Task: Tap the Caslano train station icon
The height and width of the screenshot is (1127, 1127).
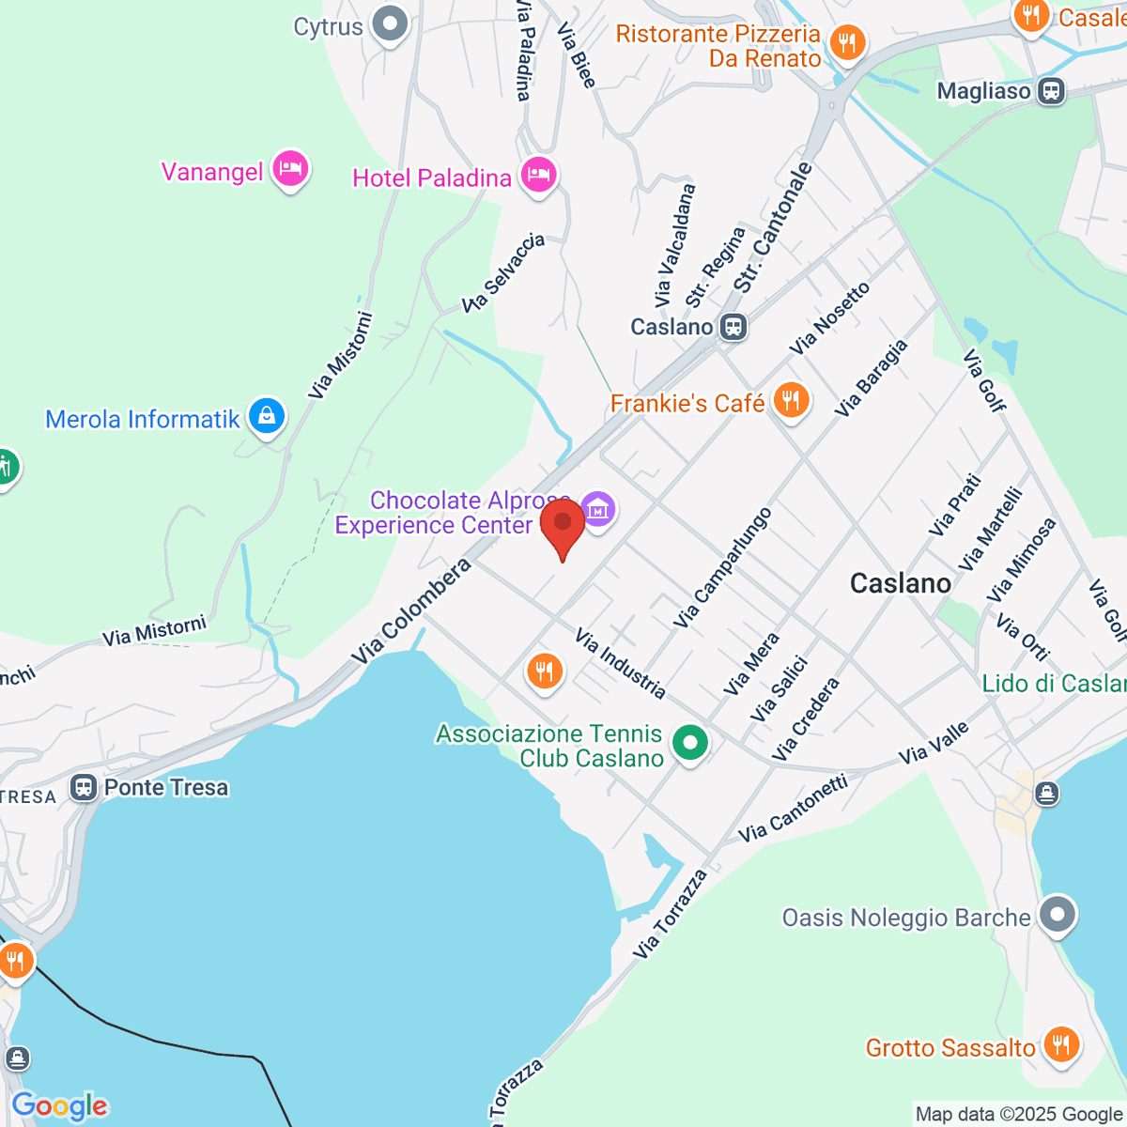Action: point(733,327)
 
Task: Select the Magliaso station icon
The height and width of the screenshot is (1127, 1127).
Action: point(1051,91)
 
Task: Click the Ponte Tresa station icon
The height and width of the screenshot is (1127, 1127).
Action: point(84,787)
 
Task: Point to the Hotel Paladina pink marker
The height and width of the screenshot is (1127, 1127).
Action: point(539,175)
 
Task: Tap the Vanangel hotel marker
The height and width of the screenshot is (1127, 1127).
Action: point(290,170)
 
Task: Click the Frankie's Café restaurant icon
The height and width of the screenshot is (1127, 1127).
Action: point(791,401)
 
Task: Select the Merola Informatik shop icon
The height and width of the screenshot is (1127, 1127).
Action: point(267,416)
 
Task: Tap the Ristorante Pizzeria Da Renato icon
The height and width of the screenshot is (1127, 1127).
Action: point(847,42)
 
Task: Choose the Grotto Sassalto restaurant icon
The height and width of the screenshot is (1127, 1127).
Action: point(1060,1044)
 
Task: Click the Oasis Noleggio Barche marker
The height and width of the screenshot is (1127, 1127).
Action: point(1058,914)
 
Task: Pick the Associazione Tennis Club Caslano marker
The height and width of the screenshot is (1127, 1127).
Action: point(690,744)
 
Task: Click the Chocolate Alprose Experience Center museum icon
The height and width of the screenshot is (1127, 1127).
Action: point(598,510)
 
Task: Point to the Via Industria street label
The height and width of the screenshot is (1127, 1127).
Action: point(621,664)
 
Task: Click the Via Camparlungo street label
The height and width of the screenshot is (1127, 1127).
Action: point(723,567)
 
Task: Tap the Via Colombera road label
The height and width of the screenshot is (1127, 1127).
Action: point(413,612)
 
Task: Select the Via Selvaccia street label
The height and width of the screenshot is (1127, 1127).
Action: point(504,272)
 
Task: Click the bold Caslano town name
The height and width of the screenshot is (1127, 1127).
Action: point(901,583)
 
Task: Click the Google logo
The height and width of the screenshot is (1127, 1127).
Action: point(60,1106)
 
